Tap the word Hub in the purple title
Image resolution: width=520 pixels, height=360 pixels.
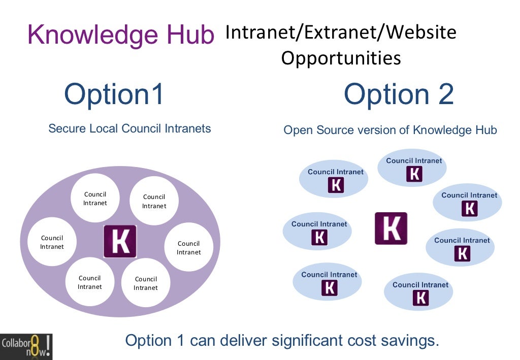pos(191,35)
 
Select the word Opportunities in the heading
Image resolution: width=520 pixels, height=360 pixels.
pos(341,58)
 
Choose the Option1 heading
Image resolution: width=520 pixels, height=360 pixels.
pos(114,94)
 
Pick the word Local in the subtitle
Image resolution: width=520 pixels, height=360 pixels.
pos(104,128)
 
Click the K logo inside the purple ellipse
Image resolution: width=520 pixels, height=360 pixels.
pos(120,241)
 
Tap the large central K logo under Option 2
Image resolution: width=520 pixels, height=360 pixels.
pos(391,228)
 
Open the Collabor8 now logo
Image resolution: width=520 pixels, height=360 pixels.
pos(26,346)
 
